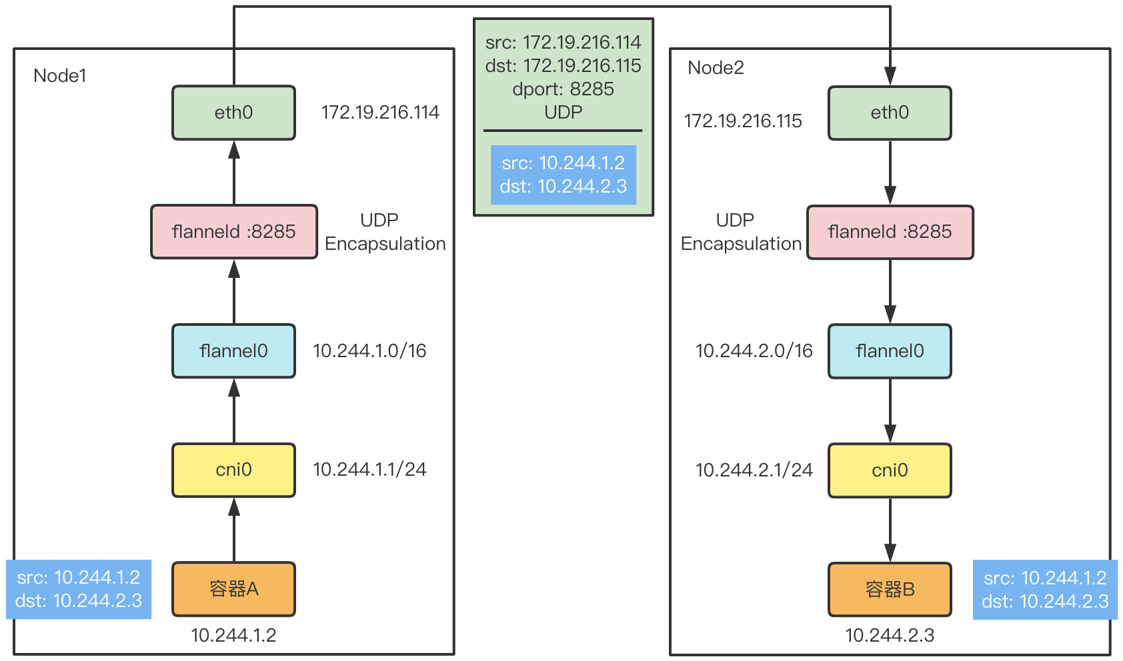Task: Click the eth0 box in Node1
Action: (x=233, y=113)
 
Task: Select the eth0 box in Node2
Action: (x=890, y=113)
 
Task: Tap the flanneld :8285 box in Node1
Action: (x=233, y=231)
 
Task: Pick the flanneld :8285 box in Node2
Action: (x=890, y=231)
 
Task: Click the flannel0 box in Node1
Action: (x=233, y=350)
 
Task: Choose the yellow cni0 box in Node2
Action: (x=890, y=470)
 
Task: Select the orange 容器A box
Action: (x=233, y=589)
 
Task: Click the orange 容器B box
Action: (x=890, y=590)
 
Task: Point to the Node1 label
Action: (x=60, y=76)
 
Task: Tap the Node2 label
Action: (x=716, y=68)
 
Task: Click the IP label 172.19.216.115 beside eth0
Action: (x=743, y=121)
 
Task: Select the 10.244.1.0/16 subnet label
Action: (x=369, y=351)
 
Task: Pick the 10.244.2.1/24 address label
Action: (x=754, y=470)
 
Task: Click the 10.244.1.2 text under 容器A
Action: (x=233, y=635)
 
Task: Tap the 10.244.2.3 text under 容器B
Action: (x=890, y=635)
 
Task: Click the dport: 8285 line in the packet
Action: (x=563, y=89)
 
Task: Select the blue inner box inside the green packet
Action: (x=563, y=175)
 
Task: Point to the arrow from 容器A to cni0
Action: (x=233, y=530)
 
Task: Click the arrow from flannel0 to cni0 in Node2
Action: (x=890, y=410)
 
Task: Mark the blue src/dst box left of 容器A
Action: (x=79, y=589)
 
